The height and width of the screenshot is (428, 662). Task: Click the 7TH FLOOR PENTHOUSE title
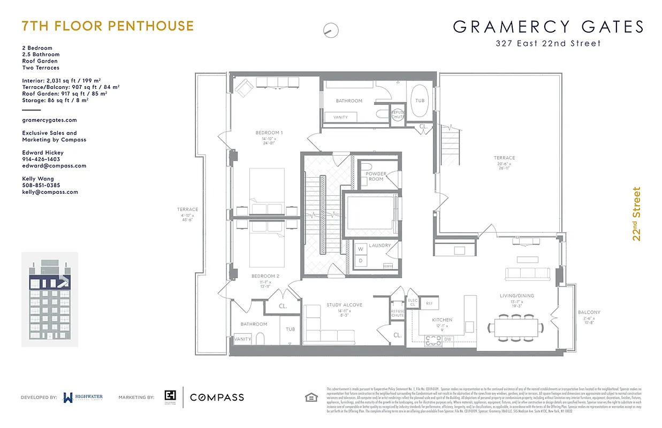(x=108, y=26)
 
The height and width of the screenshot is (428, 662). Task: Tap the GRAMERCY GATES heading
(x=548, y=27)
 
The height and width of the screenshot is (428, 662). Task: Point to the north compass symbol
(x=331, y=30)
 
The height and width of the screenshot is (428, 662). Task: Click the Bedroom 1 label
(x=269, y=132)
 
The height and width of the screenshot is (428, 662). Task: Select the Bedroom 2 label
(x=265, y=276)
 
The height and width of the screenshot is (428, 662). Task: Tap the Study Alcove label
(x=345, y=305)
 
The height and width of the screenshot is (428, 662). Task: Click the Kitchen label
(x=442, y=320)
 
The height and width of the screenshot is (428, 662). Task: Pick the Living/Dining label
(x=516, y=296)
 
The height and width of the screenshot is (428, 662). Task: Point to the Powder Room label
(x=376, y=176)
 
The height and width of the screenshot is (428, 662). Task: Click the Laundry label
(x=379, y=246)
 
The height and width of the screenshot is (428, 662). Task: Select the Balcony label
(x=589, y=312)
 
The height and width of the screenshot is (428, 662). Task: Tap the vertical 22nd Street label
(x=637, y=214)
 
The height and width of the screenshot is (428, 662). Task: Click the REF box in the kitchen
(x=429, y=303)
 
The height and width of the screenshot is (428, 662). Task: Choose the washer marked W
(x=360, y=249)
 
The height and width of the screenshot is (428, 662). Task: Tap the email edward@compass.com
(x=54, y=166)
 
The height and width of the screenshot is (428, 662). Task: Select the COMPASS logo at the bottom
(x=217, y=397)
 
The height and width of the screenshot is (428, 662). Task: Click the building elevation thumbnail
(x=49, y=299)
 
